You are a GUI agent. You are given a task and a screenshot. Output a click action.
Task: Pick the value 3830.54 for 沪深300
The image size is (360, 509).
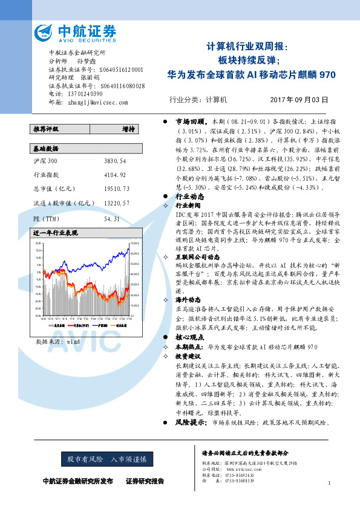pos(115,161)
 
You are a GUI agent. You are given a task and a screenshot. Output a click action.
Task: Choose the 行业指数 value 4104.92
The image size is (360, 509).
pos(115,174)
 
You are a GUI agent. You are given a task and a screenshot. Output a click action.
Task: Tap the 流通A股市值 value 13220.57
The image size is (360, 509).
pos(117,203)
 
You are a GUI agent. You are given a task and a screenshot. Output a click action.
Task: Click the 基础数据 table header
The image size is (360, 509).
pos(46,148)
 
